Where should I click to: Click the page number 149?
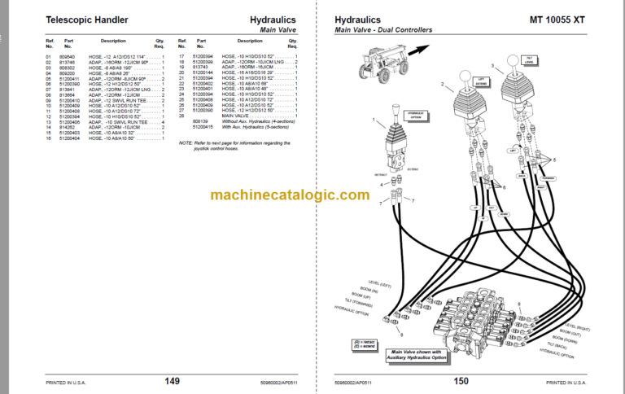(x=172, y=380)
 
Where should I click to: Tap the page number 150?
(x=461, y=380)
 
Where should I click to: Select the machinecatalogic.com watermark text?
(x=289, y=195)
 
